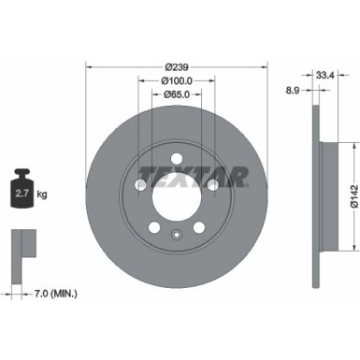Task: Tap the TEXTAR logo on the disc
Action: pos(192,175)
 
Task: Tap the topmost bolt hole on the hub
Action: pos(176,156)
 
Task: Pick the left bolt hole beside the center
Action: pos(140,185)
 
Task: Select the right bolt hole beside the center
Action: pos(212,185)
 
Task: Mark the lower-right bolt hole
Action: pos(198,226)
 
